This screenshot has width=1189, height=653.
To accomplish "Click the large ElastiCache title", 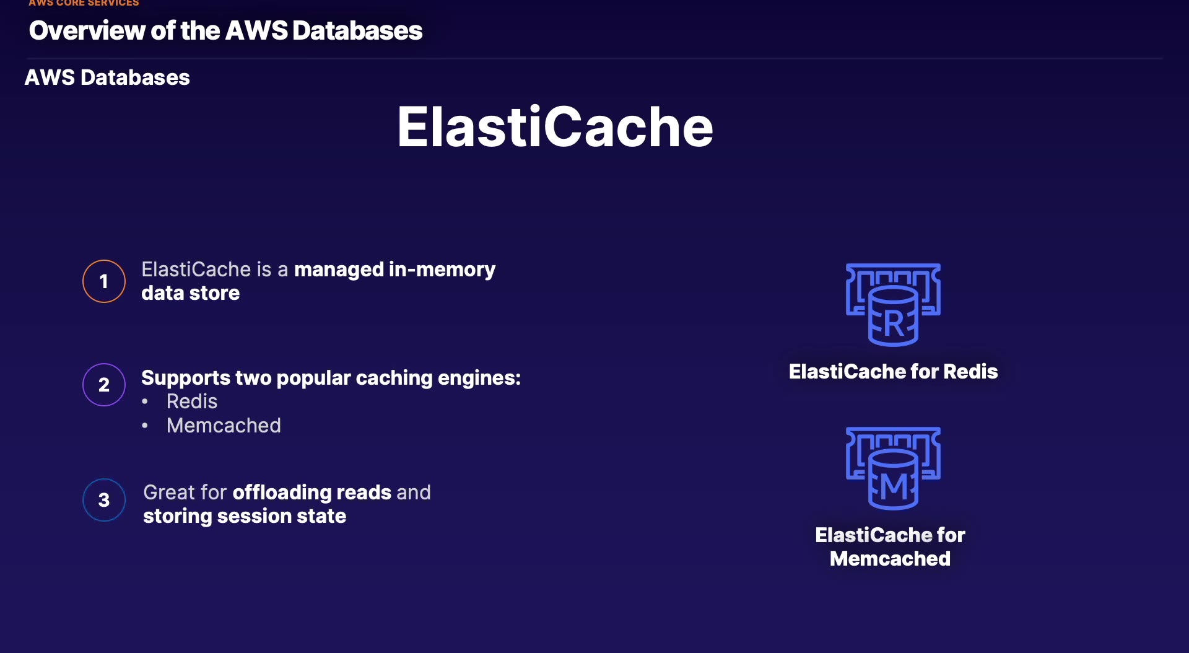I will pyautogui.click(x=555, y=127).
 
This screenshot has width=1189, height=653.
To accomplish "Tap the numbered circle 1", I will pyautogui.click(x=104, y=281).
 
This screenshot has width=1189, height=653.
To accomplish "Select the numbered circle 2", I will pyautogui.click(x=104, y=385).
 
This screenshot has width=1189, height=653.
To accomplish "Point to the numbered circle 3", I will pyautogui.click(x=104, y=500).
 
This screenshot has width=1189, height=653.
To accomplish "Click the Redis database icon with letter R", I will pyautogui.click(x=893, y=305).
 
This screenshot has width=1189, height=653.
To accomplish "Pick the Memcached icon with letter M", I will pyautogui.click(x=893, y=468).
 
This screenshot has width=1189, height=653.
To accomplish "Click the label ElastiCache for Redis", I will pyautogui.click(x=893, y=372).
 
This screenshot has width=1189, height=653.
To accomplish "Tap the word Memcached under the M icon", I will pyautogui.click(x=890, y=559).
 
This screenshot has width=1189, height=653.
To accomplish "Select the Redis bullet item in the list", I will pyautogui.click(x=192, y=401).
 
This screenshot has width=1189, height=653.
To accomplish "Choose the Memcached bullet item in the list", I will pyautogui.click(x=224, y=426).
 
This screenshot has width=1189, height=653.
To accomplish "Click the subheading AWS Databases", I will pyautogui.click(x=107, y=77).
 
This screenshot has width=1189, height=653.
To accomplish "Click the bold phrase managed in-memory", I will pyautogui.click(x=394, y=270).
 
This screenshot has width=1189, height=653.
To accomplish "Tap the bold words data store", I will pyautogui.click(x=190, y=293).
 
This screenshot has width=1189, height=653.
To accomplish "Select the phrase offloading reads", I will pyautogui.click(x=311, y=493).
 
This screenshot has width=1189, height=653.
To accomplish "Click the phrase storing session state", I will pyautogui.click(x=245, y=516).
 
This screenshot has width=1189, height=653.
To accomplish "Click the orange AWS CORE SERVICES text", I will pyautogui.click(x=84, y=4).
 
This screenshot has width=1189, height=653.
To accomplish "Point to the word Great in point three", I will pyautogui.click(x=168, y=493).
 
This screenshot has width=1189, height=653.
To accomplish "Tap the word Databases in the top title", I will pyautogui.click(x=357, y=31).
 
